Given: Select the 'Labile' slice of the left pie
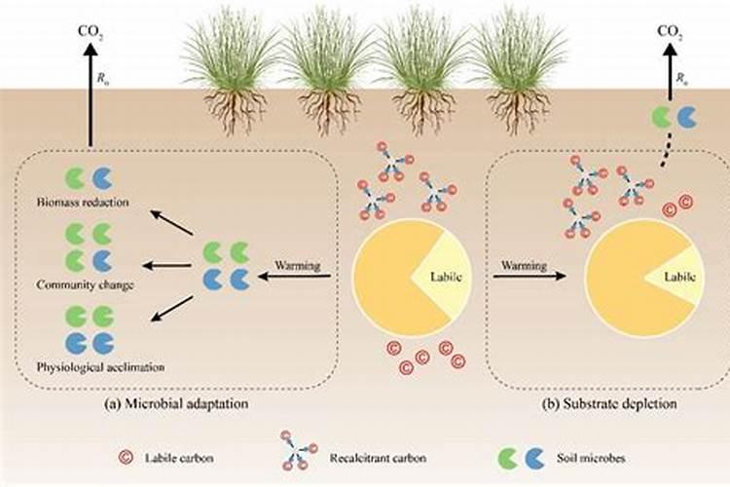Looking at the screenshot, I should [433, 277].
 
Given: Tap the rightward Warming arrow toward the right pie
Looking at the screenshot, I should [529, 277].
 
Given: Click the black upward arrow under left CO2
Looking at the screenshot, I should [91, 97].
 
